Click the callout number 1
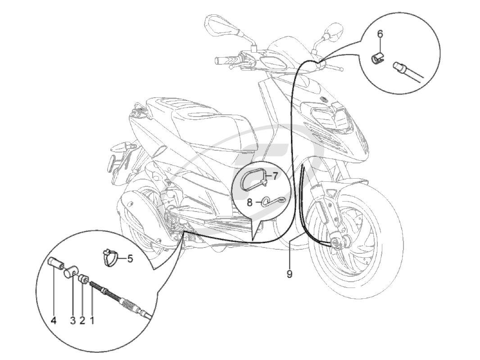tap(92, 320)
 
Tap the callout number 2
tap(82, 320)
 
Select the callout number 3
tap(72, 320)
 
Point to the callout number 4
tap(54, 320)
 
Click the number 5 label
tap(130, 259)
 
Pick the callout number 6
tap(380, 34)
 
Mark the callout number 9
tap(290, 274)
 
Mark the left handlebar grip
tap(225, 60)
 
